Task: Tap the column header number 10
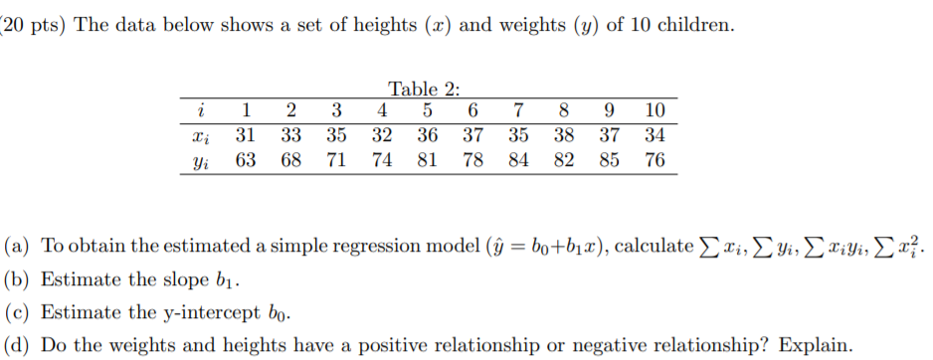pos(653,110)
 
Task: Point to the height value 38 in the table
pos(563,135)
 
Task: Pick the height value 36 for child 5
pos(428,135)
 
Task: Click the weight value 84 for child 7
pos(518,160)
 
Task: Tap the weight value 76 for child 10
pos(653,160)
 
